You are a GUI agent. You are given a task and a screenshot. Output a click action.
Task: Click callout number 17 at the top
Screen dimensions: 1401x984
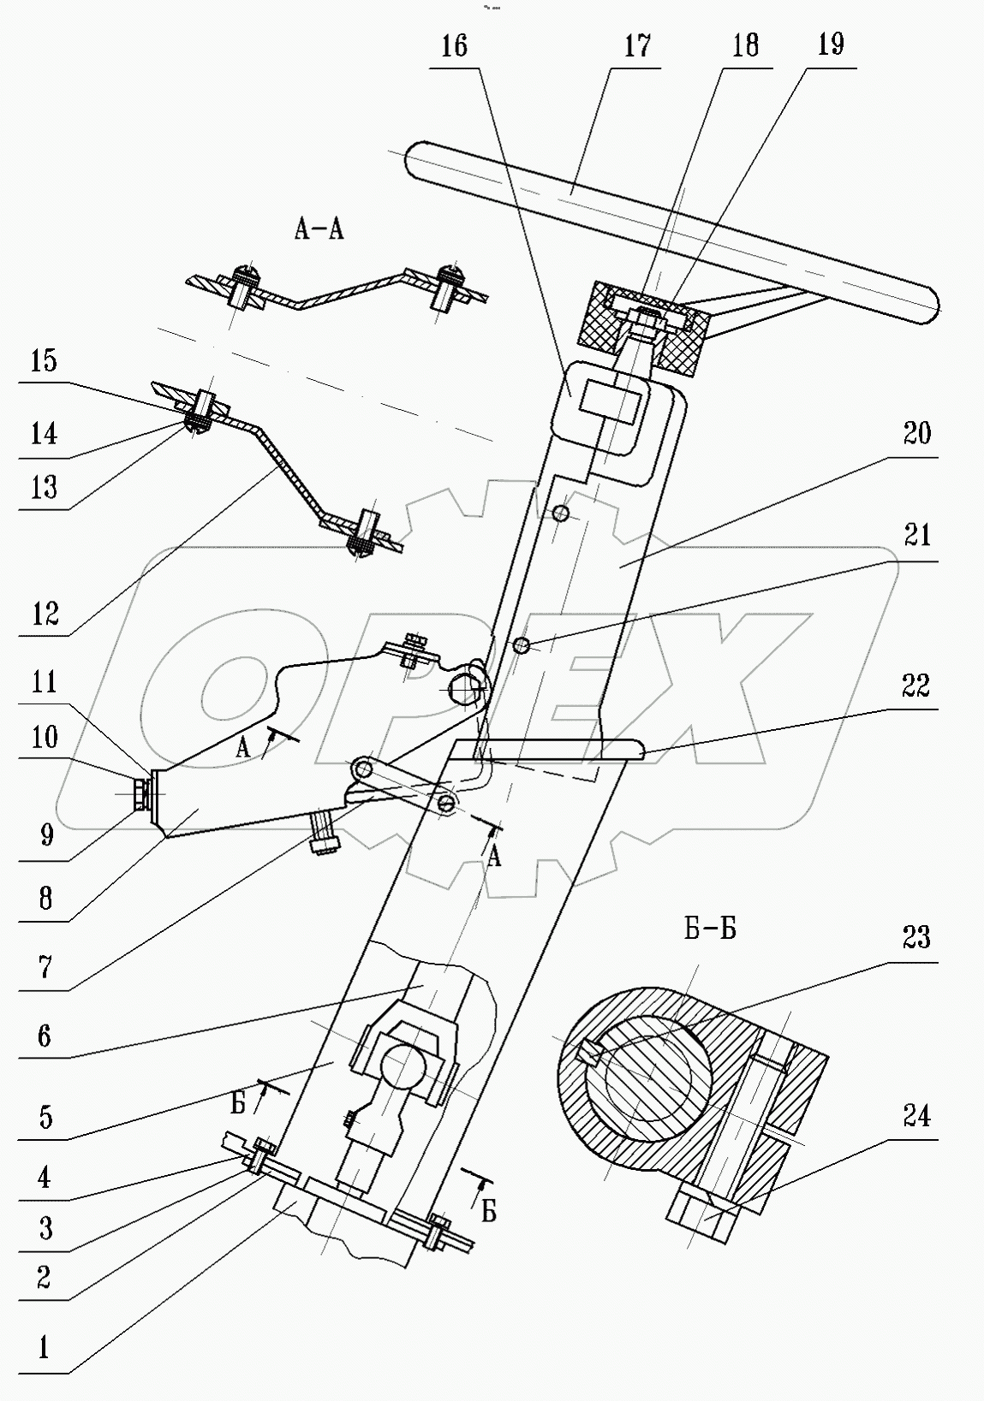pos(637,46)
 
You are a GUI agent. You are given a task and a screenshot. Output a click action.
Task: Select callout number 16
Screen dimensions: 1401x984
pos(454,46)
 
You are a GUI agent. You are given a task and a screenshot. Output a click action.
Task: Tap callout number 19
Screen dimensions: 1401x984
pos(830,45)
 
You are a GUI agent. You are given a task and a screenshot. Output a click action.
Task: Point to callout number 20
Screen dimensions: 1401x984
pos(915,434)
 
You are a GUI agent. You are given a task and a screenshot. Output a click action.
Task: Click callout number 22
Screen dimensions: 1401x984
pos(915,686)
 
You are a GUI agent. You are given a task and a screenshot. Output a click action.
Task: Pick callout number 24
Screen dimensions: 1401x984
pos(915,1116)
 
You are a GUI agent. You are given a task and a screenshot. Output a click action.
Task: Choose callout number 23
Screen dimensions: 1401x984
pos(915,939)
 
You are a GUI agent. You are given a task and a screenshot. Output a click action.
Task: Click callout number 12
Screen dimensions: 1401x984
pos(45,613)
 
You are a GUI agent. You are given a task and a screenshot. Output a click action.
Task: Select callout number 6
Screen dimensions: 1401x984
pos(45,1037)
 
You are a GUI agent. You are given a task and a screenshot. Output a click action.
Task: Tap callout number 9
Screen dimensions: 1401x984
pos(45,835)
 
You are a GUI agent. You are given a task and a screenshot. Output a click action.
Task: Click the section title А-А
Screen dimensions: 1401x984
pos(319,229)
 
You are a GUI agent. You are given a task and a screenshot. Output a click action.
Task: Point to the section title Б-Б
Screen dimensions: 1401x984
pos(710,929)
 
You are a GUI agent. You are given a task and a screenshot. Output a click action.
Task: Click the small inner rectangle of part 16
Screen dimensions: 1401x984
pos(610,402)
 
